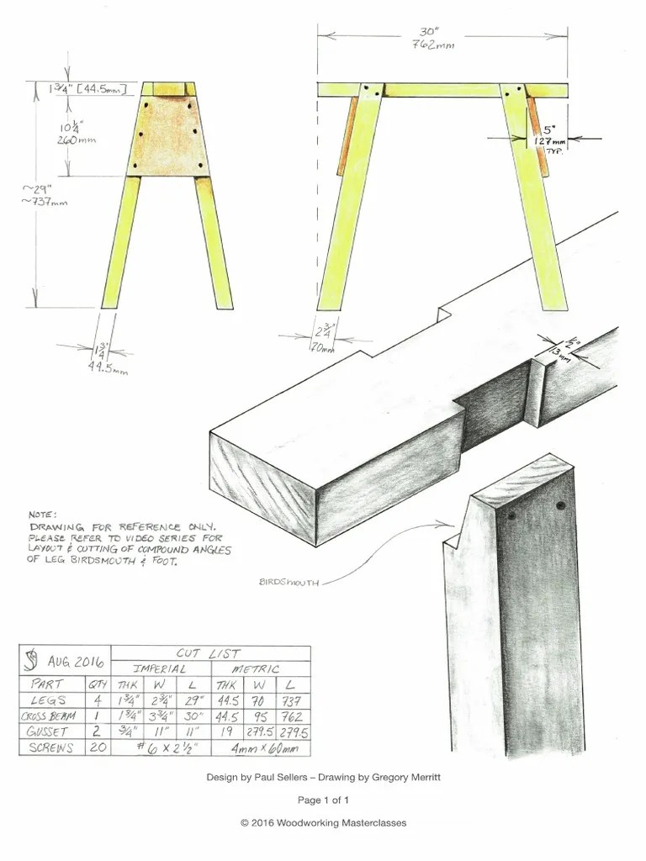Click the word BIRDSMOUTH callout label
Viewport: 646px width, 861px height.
coord(289,581)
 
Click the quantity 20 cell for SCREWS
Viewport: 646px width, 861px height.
coord(98,747)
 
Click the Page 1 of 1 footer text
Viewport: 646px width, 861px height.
coord(323,800)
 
